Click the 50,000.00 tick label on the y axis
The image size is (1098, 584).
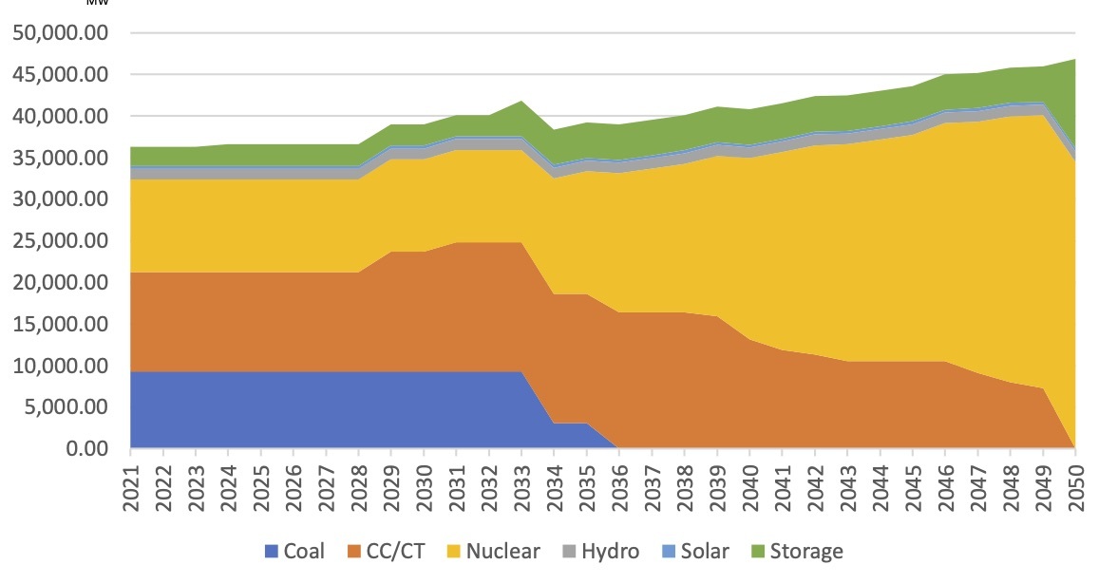(60, 33)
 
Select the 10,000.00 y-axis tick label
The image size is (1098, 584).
(60, 366)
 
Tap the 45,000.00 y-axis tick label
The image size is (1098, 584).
(60, 75)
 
